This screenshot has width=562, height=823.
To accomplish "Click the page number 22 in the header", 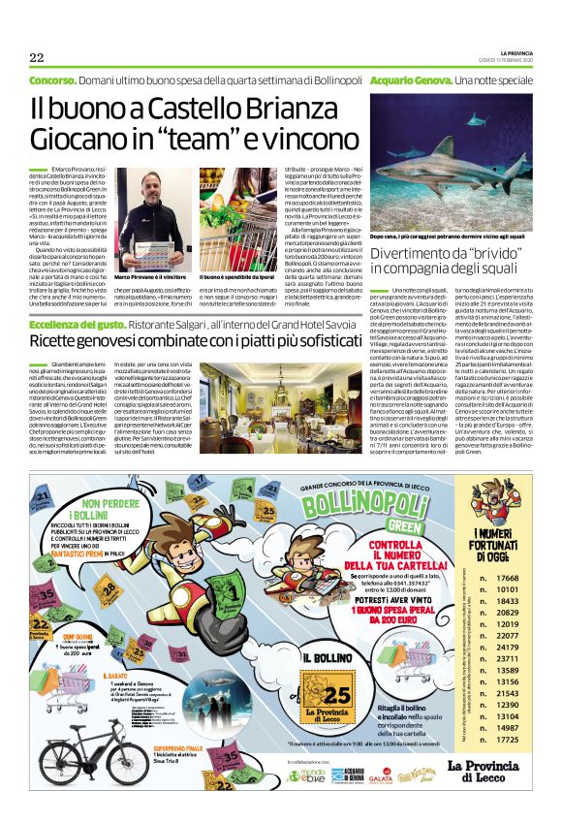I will click(37, 56).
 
